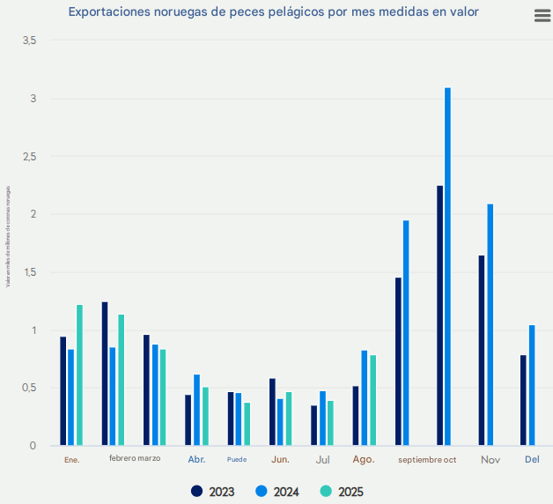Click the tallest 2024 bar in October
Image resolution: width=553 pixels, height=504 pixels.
point(447,266)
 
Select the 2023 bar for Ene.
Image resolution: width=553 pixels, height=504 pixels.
point(63,390)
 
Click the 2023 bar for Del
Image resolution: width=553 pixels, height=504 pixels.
point(523,400)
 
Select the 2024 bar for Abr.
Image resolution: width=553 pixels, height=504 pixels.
point(196,410)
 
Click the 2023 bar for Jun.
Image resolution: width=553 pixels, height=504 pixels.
point(272,411)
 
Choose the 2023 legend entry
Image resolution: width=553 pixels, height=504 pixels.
point(212,492)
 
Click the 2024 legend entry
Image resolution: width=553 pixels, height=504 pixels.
point(276,492)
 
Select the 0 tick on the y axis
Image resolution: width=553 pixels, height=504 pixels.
point(33,446)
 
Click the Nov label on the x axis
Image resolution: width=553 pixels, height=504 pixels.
point(490,460)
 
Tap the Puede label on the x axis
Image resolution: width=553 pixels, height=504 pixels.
point(237,460)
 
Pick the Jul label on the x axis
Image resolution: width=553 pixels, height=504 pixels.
point(322,460)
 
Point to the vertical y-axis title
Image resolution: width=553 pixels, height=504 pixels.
point(8,235)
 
